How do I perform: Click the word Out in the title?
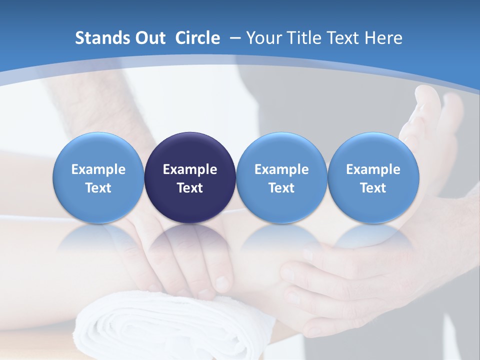(149, 38)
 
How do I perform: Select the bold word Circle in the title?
(197, 38)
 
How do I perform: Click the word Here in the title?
(383, 38)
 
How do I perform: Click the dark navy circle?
(190, 178)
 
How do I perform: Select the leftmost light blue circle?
(98, 178)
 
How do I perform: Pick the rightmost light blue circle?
(373, 178)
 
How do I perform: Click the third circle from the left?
(281, 178)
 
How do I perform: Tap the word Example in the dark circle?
(190, 169)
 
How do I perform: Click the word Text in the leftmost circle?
(98, 188)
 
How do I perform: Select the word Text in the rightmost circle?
(373, 188)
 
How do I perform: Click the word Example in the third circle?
(281, 169)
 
